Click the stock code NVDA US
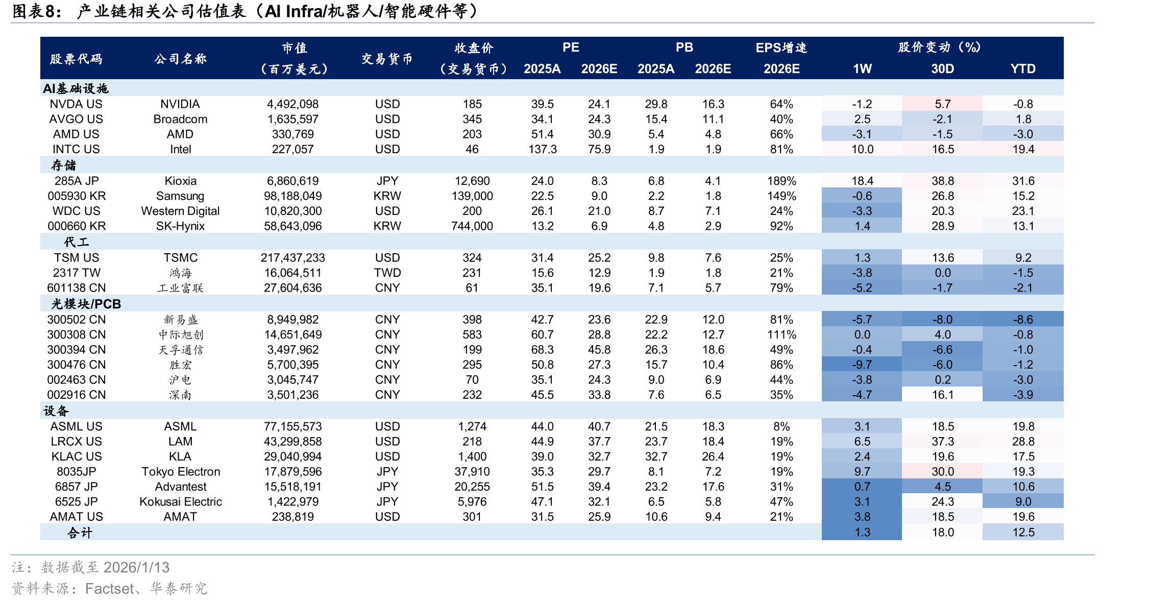(76, 104)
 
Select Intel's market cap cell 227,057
(292, 149)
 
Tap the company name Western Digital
(180, 211)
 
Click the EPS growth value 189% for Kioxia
(781, 181)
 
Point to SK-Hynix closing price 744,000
(472, 226)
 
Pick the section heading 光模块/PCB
(86, 304)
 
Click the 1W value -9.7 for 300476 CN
(862, 365)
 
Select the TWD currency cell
(387, 273)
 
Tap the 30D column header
(942, 69)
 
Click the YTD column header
(1023, 69)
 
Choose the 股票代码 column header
(76, 59)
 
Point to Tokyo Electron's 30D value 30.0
(943, 471)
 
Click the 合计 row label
(80, 533)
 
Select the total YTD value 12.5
(1023, 532)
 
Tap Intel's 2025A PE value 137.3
(542, 149)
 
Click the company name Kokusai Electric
(181, 501)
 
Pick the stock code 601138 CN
(77, 288)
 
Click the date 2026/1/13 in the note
(136, 567)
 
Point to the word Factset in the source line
(110, 589)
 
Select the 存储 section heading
(63, 165)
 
